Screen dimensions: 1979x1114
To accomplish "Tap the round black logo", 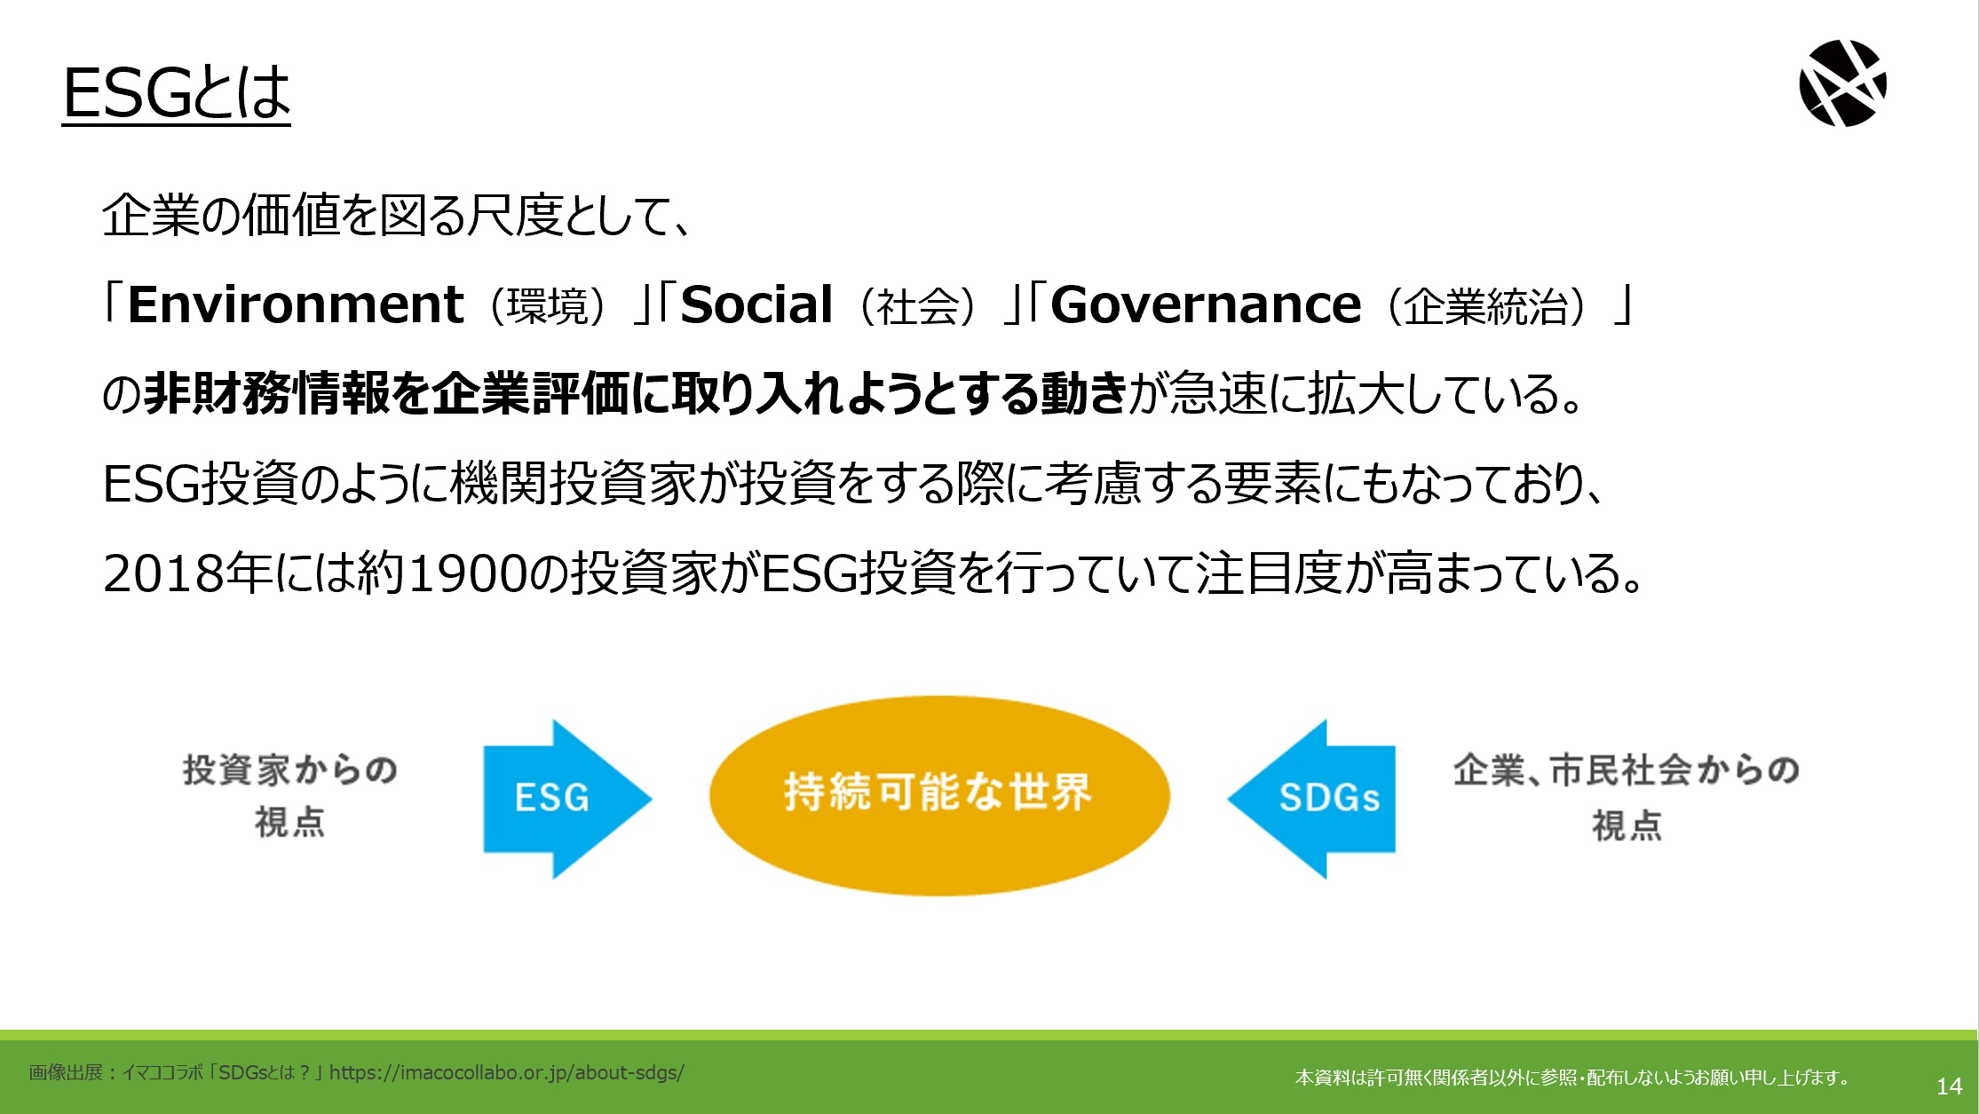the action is tap(1843, 83).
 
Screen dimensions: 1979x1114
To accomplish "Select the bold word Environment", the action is tap(296, 304).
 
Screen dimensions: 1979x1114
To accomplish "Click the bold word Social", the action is tap(756, 304).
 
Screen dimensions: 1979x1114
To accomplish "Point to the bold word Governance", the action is tap(1206, 304).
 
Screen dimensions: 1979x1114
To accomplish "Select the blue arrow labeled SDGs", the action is tap(1311, 799).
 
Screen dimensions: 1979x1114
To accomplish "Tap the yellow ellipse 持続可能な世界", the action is tap(939, 795).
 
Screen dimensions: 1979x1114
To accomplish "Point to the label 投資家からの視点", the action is tap(290, 795).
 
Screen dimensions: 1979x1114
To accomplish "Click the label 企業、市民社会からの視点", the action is tap(1626, 797).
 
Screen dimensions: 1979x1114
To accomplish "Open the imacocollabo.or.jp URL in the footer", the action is tap(507, 1072).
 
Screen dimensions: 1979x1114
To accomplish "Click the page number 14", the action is tap(1949, 1086).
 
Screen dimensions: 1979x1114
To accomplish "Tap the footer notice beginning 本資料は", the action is tap(1572, 1078).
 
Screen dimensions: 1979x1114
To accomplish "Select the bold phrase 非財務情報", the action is tap(266, 394).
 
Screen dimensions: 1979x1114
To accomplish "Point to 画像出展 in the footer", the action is tap(66, 1072).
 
